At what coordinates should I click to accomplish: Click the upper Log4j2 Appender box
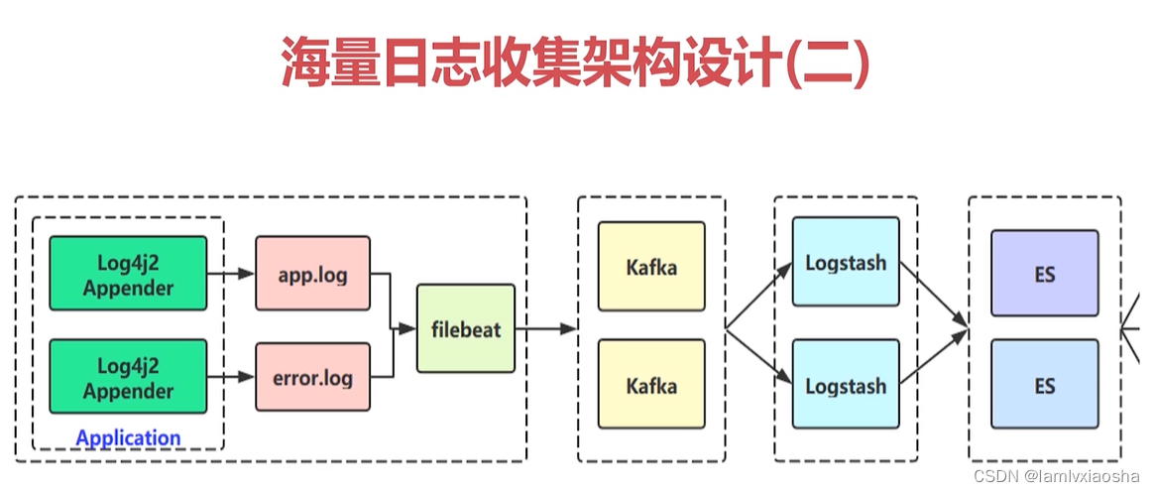point(129,275)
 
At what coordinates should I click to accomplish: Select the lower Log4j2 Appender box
point(129,377)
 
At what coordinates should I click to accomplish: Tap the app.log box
point(312,274)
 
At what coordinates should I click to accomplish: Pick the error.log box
point(312,377)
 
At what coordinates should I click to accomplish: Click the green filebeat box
point(466,328)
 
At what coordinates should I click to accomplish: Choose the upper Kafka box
point(651,267)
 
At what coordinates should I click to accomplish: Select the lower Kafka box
point(651,384)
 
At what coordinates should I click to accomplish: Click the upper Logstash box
point(846,263)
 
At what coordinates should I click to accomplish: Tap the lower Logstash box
point(846,385)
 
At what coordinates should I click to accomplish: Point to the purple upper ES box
point(1045,274)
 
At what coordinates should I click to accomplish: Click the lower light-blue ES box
point(1045,384)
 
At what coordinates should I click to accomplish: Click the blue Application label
point(128,437)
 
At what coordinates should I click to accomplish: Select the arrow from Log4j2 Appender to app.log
point(231,275)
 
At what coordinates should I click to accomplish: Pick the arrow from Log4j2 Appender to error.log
point(231,377)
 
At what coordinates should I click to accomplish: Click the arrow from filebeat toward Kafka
point(546,328)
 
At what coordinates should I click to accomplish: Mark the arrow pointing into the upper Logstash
point(760,296)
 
